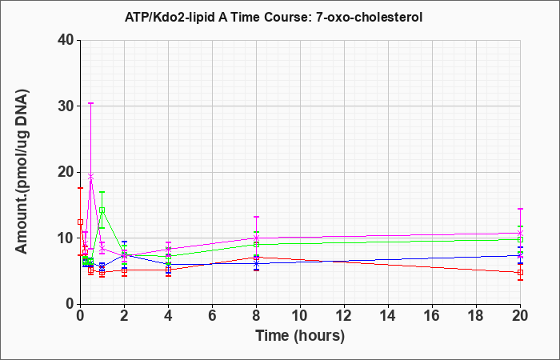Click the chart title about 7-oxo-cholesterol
pyautogui.click(x=274, y=17)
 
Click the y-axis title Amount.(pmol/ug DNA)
pyautogui.click(x=22, y=172)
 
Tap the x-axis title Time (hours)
pyautogui.click(x=300, y=336)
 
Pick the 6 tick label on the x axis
pyautogui.click(x=212, y=316)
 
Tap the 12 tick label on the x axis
pyautogui.click(x=344, y=316)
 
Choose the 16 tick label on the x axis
pyautogui.click(x=432, y=316)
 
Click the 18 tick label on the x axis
pyautogui.click(x=476, y=316)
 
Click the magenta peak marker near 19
pyautogui.click(x=91, y=177)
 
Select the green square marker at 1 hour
pyautogui.click(x=102, y=210)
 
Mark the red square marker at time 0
pyautogui.click(x=80, y=222)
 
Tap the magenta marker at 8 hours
pyautogui.click(x=256, y=238)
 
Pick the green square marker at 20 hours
pyautogui.click(x=520, y=240)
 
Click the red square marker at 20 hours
pyautogui.click(x=520, y=273)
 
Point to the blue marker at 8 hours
pyautogui.click(x=256, y=263)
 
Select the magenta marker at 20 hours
pyautogui.click(x=520, y=233)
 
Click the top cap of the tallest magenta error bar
pyautogui.click(x=91, y=103)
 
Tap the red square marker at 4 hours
pyautogui.click(x=168, y=270)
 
